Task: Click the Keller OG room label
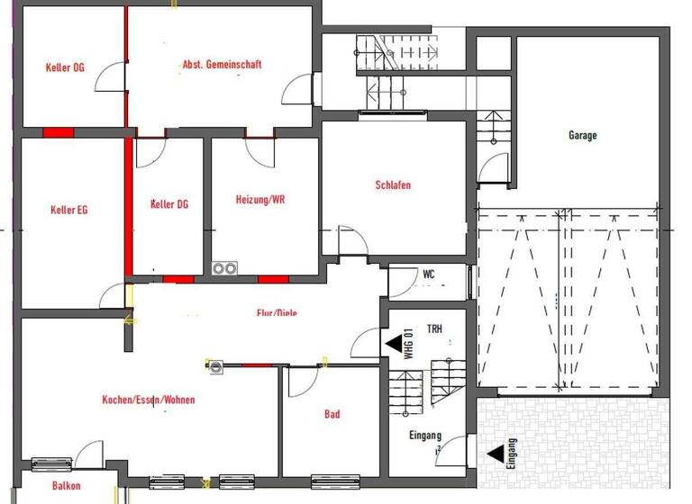point(65,67)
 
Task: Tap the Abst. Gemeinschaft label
point(222,65)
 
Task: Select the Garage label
point(582,136)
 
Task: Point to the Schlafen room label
point(393,185)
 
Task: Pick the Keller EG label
point(69,211)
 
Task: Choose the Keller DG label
point(168,204)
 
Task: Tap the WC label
point(429,274)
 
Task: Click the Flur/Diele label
point(277,313)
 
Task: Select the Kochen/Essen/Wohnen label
point(149,400)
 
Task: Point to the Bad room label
point(332,415)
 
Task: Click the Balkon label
point(66,486)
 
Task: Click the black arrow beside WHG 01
point(394,343)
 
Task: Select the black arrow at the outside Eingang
point(496,454)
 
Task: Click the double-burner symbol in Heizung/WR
point(224,268)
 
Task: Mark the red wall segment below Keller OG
point(58,132)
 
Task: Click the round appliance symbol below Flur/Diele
point(215,365)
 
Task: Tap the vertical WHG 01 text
point(408,344)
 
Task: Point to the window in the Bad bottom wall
point(335,481)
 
